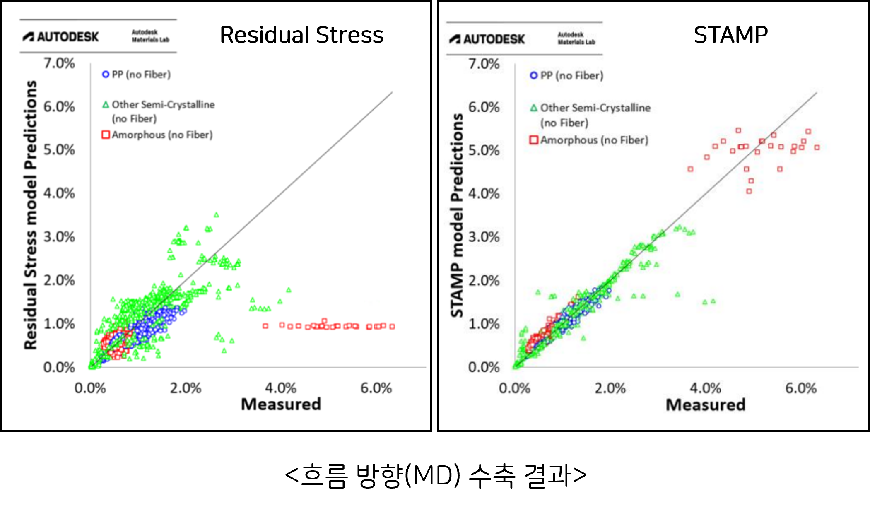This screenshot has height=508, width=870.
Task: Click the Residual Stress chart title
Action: point(301,35)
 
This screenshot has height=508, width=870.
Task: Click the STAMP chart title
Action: point(730,35)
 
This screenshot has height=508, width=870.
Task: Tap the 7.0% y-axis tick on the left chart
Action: point(59,63)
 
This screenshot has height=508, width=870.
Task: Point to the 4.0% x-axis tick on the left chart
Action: point(281,388)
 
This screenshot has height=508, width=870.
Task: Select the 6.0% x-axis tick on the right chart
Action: point(801,388)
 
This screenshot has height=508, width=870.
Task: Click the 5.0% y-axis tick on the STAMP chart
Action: point(484,150)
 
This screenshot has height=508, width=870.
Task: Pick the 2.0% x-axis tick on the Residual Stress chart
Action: point(186,388)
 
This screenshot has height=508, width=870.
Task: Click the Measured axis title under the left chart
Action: point(281,404)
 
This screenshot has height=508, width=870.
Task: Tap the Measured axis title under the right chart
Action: point(706,404)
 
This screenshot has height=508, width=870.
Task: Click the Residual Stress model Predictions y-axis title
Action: point(31,215)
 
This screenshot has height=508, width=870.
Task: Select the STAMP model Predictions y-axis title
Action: point(457,215)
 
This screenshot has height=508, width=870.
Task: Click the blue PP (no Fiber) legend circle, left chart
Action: point(106,75)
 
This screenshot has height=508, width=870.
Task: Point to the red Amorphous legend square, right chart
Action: point(534,140)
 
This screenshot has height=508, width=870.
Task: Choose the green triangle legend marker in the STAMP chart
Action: point(534,108)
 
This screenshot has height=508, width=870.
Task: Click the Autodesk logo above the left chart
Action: point(61,37)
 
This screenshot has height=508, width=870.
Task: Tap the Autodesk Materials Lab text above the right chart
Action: point(576,39)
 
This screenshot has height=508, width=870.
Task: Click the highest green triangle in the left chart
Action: point(216,215)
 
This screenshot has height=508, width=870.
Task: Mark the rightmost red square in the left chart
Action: point(392,326)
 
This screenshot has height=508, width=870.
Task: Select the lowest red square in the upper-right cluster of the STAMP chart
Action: point(749,191)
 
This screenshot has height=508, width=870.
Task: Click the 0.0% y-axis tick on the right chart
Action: point(484,367)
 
